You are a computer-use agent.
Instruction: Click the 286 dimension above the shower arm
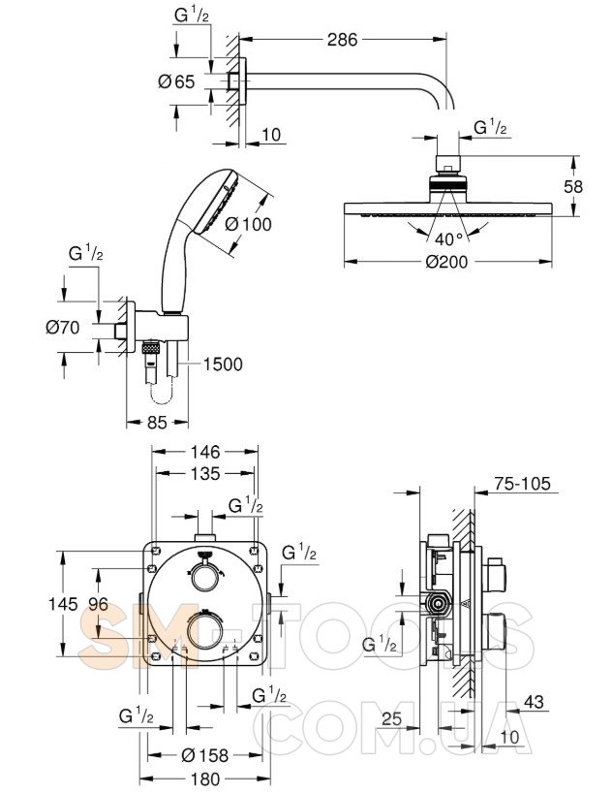pyautogui.click(x=342, y=40)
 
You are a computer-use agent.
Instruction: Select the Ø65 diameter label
pyautogui.click(x=176, y=81)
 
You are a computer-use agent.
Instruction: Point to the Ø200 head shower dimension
pyautogui.click(x=446, y=262)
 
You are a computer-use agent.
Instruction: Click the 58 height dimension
pyautogui.click(x=573, y=186)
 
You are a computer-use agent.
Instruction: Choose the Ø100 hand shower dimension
pyautogui.click(x=248, y=224)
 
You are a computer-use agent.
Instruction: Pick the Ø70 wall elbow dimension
pyautogui.click(x=63, y=328)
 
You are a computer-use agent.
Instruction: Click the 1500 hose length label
pyautogui.click(x=223, y=364)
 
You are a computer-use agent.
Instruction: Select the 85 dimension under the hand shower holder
pyautogui.click(x=157, y=422)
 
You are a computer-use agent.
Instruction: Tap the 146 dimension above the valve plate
pyautogui.click(x=206, y=451)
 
